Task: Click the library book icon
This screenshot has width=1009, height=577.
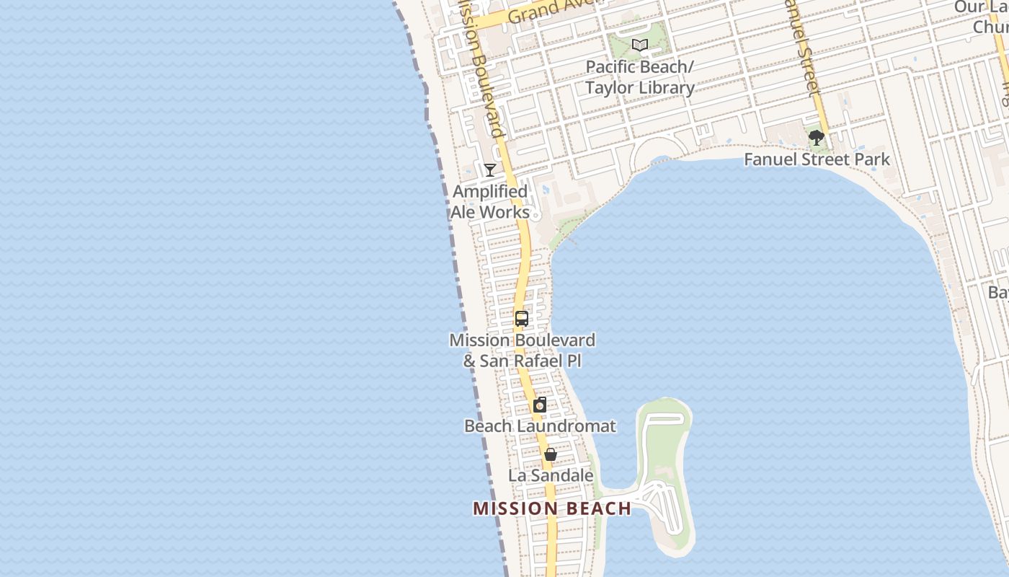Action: [x=639, y=45]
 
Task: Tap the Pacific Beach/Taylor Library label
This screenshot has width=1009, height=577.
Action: [x=639, y=77]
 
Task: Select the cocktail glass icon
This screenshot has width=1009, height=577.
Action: [x=490, y=170]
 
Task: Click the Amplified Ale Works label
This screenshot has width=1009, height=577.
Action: [x=490, y=202]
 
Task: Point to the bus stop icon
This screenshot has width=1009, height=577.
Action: [x=522, y=318]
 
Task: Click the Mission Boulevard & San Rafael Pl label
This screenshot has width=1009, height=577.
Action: [x=523, y=350]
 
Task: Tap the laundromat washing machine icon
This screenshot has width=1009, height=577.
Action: [x=539, y=405]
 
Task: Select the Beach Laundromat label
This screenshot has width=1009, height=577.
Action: [x=540, y=426]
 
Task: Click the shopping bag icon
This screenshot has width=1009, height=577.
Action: [x=551, y=454]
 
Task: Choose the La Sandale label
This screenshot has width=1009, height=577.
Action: [x=551, y=476]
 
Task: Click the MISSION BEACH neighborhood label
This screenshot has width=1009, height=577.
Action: [x=552, y=508]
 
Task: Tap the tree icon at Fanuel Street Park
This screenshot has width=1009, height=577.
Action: [x=816, y=138]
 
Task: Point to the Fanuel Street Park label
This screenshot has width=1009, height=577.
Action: [x=817, y=159]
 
